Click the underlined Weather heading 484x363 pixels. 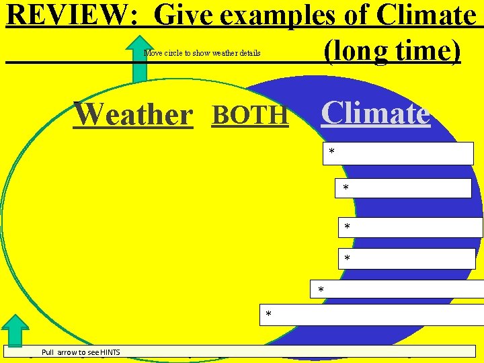(x=133, y=114)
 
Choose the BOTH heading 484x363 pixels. (x=250, y=115)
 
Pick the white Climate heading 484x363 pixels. (x=375, y=113)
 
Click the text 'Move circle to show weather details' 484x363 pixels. (x=202, y=53)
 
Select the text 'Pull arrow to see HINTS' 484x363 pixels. (x=82, y=352)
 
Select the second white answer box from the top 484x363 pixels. (x=403, y=188)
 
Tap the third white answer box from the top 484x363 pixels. (x=410, y=227)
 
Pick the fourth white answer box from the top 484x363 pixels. (x=407, y=259)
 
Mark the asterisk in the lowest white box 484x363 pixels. (x=269, y=315)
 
